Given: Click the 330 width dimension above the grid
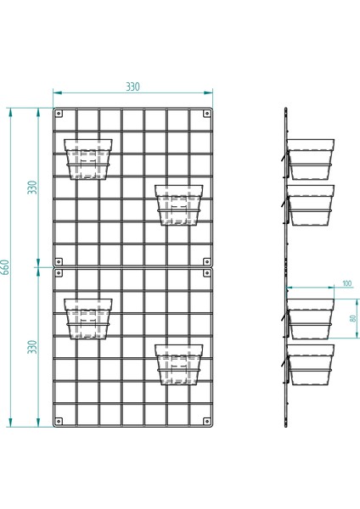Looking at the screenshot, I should pyautogui.click(x=132, y=87).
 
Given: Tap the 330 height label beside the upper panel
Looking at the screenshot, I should pyautogui.click(x=33, y=187).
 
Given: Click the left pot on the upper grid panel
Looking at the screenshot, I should pyautogui.click(x=89, y=159).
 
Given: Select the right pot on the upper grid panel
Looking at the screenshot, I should pyautogui.click(x=179, y=204).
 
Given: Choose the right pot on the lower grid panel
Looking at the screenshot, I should pyautogui.click(x=179, y=364).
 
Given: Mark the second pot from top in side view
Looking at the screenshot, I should pyautogui.click(x=311, y=205).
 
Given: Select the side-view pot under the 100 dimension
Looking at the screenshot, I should pyautogui.click(x=311, y=320).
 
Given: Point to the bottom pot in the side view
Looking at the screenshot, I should pyautogui.click(x=311, y=366).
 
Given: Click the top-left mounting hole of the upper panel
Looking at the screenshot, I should pyautogui.click(x=59, y=113).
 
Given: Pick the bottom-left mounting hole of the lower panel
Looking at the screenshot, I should pyautogui.click(x=59, y=420).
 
